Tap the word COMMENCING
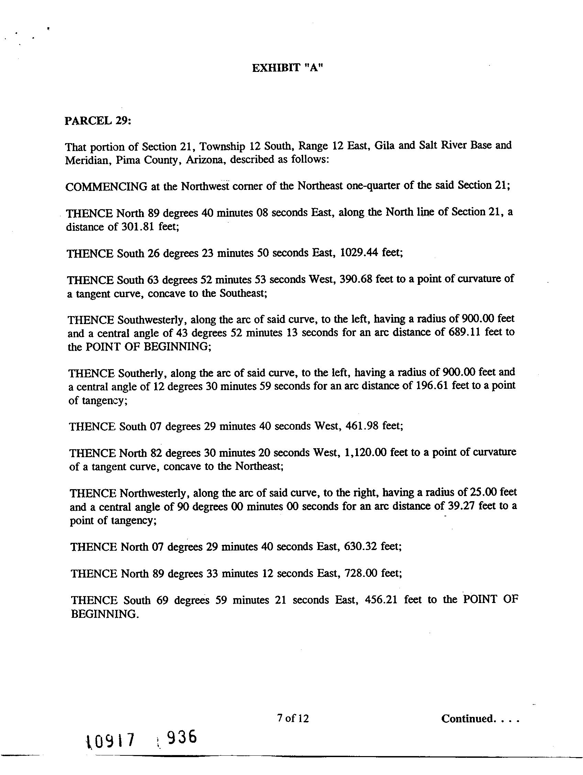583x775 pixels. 106,186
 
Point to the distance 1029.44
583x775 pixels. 359,252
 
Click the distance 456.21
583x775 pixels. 381,600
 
